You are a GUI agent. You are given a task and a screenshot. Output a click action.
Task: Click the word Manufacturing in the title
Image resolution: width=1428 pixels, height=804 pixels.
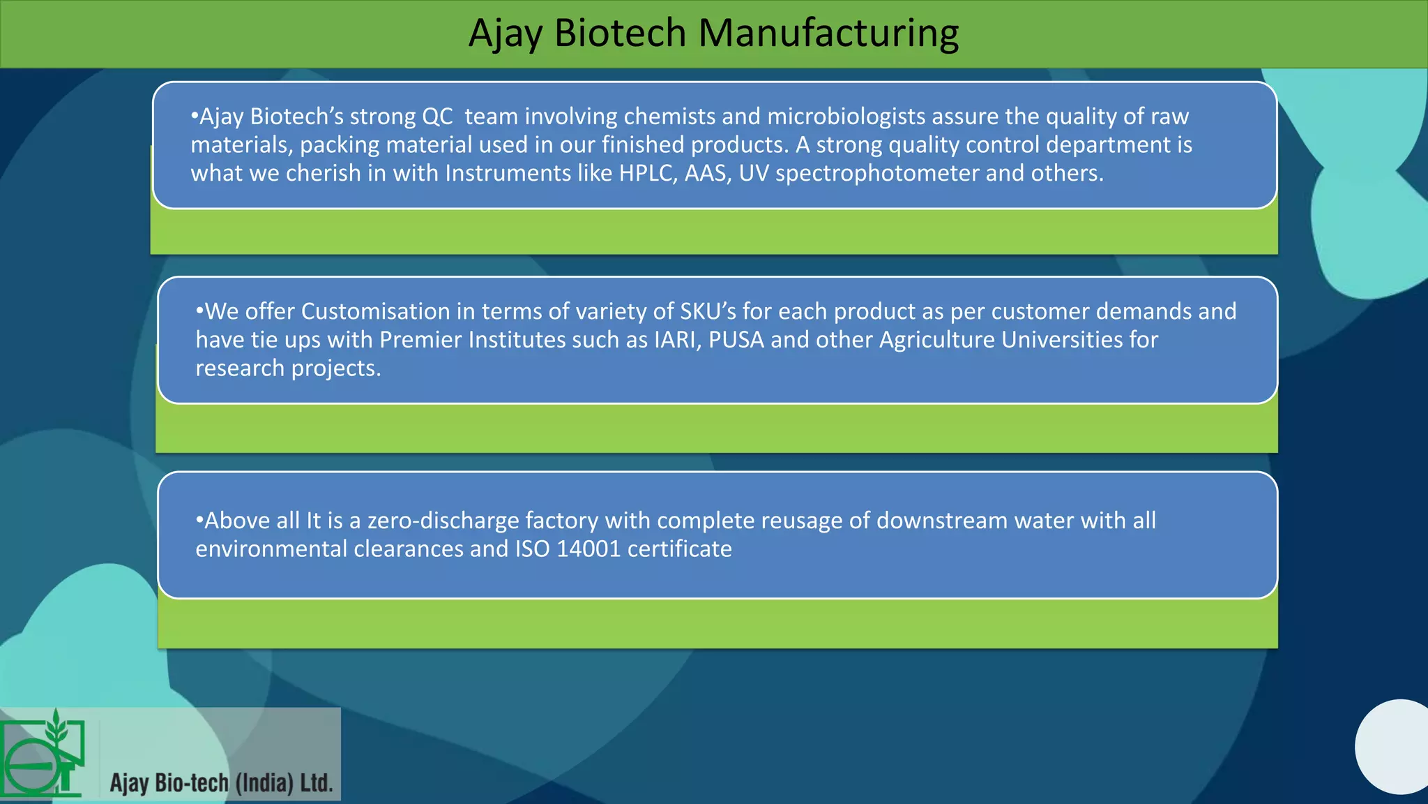(828, 33)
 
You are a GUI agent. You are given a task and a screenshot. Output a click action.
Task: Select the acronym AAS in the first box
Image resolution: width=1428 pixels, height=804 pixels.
(707, 173)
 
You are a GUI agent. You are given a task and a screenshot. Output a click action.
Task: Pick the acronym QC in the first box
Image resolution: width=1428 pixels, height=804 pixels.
(437, 117)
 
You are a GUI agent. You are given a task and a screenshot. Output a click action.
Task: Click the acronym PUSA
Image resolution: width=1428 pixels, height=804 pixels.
(736, 340)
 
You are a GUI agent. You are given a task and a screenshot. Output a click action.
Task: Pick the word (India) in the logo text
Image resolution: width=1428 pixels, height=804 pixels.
(264, 783)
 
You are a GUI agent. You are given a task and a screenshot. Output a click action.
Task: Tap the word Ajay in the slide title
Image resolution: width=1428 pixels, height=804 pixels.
(506, 33)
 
